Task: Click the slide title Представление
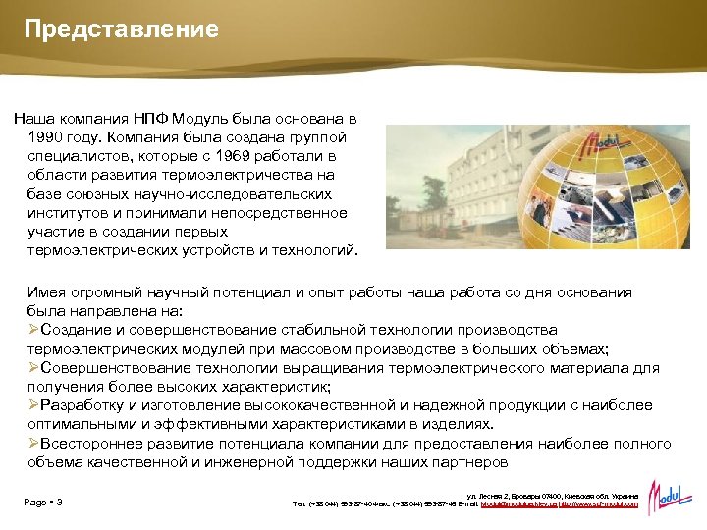(x=122, y=29)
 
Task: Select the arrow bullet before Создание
(x=34, y=330)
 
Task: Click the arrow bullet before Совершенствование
(x=34, y=367)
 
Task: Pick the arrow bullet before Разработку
(x=34, y=404)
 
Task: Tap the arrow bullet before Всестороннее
(x=34, y=443)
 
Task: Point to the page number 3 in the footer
(x=60, y=503)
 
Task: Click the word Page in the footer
(x=35, y=503)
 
